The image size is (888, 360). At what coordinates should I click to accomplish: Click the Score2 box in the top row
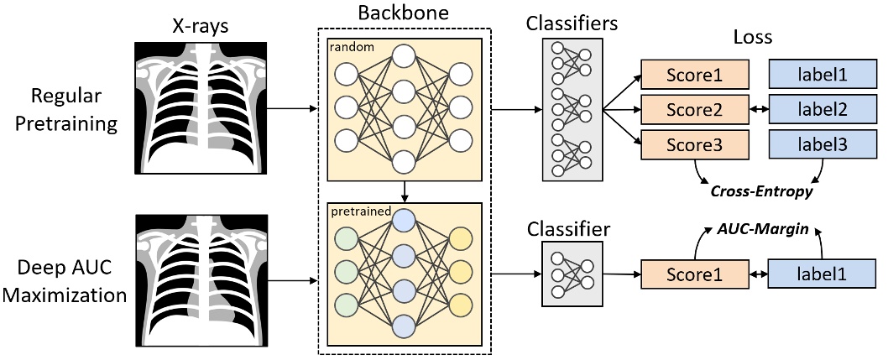point(695,110)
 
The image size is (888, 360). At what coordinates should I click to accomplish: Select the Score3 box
point(695,144)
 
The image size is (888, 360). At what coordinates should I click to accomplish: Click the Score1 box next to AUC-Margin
point(695,275)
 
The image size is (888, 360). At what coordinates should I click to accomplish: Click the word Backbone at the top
point(404,13)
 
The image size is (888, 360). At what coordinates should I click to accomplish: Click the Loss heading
point(753,37)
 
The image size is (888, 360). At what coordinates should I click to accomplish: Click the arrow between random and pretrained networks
point(405,191)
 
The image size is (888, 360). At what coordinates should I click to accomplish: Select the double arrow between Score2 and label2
point(759,110)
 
